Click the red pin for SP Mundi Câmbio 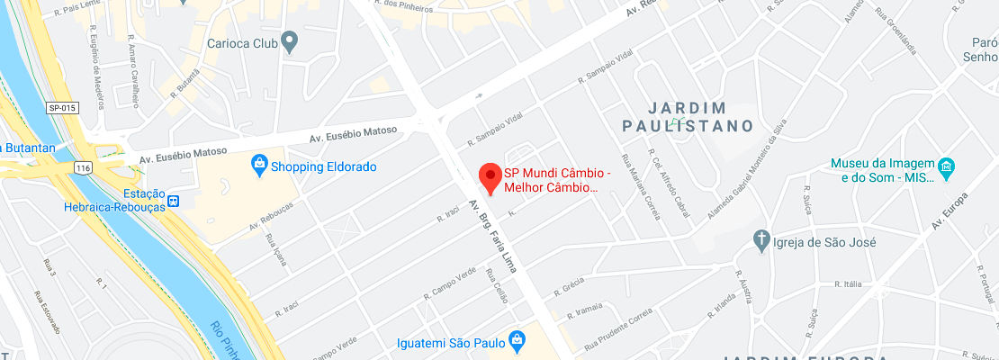pos(489,177)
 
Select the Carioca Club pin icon pos(290,40)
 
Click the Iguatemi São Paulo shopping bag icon pos(517,340)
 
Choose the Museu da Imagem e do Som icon pos(946,166)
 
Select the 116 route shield pos(84,168)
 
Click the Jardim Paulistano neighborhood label pos(688,116)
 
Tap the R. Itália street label pos(850,283)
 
